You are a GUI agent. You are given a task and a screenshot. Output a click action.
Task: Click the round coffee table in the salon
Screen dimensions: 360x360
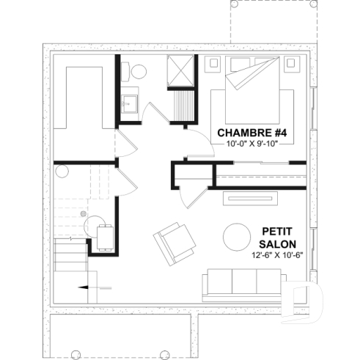pyautogui.click(x=237, y=236)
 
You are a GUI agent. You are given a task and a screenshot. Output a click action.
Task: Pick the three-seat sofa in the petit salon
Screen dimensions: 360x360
pyautogui.click(x=241, y=282)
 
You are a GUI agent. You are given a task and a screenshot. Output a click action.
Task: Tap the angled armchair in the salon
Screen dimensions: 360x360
pyautogui.click(x=173, y=243)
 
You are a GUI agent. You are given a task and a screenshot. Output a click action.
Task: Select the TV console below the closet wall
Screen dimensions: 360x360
pyautogui.click(x=251, y=197)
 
